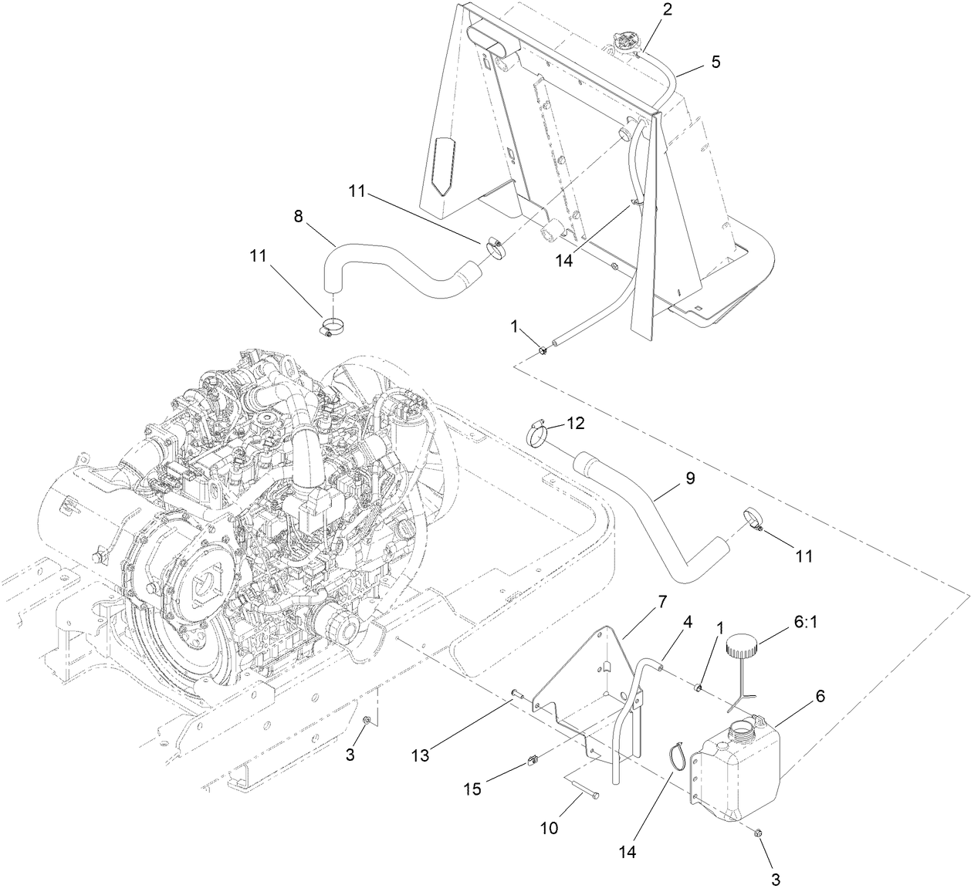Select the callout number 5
(716, 62)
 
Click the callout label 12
(576, 423)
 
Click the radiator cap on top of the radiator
(624, 42)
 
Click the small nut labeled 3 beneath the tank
(757, 833)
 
